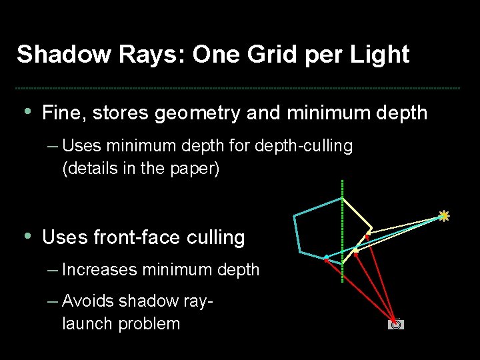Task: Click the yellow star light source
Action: pos(444,215)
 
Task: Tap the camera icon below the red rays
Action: pos(396,325)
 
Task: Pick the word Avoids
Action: pos(89,301)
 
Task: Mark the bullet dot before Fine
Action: pos(26,111)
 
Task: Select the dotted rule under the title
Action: pos(238,88)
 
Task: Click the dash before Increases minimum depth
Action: pos(53,269)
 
